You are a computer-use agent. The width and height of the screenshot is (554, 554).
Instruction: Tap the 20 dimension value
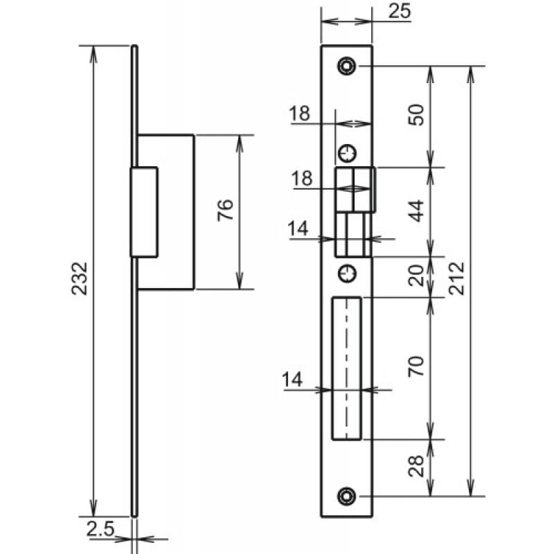click(417, 277)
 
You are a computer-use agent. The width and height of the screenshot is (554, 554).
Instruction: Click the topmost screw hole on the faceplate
click(346, 66)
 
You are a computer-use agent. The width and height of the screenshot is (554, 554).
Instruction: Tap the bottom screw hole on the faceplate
click(346, 495)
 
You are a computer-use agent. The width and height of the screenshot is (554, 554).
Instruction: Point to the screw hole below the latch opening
click(346, 274)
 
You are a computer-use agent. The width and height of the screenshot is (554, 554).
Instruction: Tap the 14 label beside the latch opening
click(301, 228)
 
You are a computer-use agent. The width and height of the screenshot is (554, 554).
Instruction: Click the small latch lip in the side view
click(144, 211)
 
